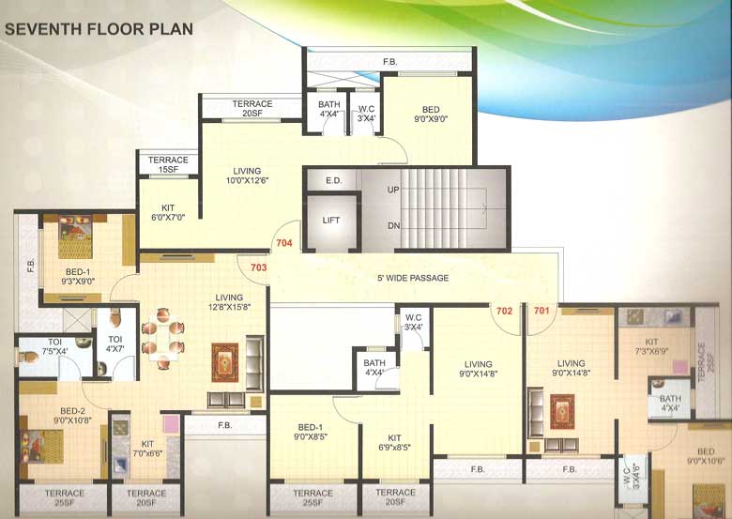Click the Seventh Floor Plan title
pyautogui.click(x=99, y=29)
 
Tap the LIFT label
pyautogui.click(x=331, y=220)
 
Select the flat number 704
pyautogui.click(x=284, y=244)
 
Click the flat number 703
pyautogui.click(x=260, y=267)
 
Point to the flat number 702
pyautogui.click(x=504, y=311)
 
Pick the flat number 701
pyautogui.click(x=542, y=311)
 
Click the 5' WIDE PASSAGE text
pyautogui.click(x=413, y=278)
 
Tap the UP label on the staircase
pyautogui.click(x=393, y=190)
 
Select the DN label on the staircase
pyautogui.click(x=393, y=226)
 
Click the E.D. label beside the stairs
pyautogui.click(x=332, y=180)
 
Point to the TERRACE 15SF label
pyautogui.click(x=169, y=164)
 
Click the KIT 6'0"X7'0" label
pyautogui.click(x=169, y=212)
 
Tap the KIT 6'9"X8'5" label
pyautogui.click(x=394, y=441)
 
